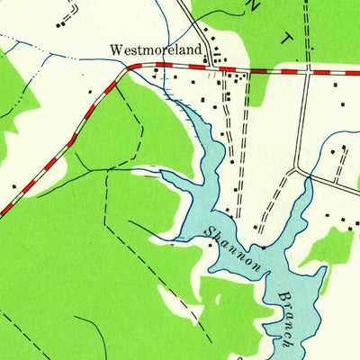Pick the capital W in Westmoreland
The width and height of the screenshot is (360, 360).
[115, 50]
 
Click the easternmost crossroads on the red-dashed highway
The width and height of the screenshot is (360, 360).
[308, 71]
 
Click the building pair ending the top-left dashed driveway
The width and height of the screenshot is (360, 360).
[60, 23]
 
